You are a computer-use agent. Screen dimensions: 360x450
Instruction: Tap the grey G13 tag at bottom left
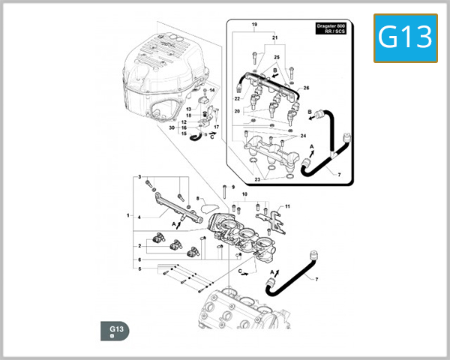click(x=116, y=331)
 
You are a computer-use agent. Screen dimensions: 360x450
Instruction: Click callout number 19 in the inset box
click(x=254, y=25)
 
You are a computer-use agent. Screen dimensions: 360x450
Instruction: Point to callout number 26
click(x=305, y=88)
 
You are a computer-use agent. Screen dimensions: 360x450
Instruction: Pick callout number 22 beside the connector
click(x=236, y=99)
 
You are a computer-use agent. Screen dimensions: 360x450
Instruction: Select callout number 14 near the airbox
click(x=212, y=91)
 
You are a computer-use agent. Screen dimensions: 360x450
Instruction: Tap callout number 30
click(x=172, y=127)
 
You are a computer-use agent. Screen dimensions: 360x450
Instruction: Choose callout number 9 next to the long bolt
click(x=232, y=187)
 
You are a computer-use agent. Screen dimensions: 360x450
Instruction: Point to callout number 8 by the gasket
click(x=197, y=199)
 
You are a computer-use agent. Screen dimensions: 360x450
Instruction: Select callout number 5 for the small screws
click(x=137, y=268)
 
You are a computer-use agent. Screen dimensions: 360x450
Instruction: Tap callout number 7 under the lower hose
click(x=315, y=279)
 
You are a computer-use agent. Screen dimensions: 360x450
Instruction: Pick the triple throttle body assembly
click(x=240, y=240)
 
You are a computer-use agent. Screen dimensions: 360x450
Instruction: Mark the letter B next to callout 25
click(x=275, y=69)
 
